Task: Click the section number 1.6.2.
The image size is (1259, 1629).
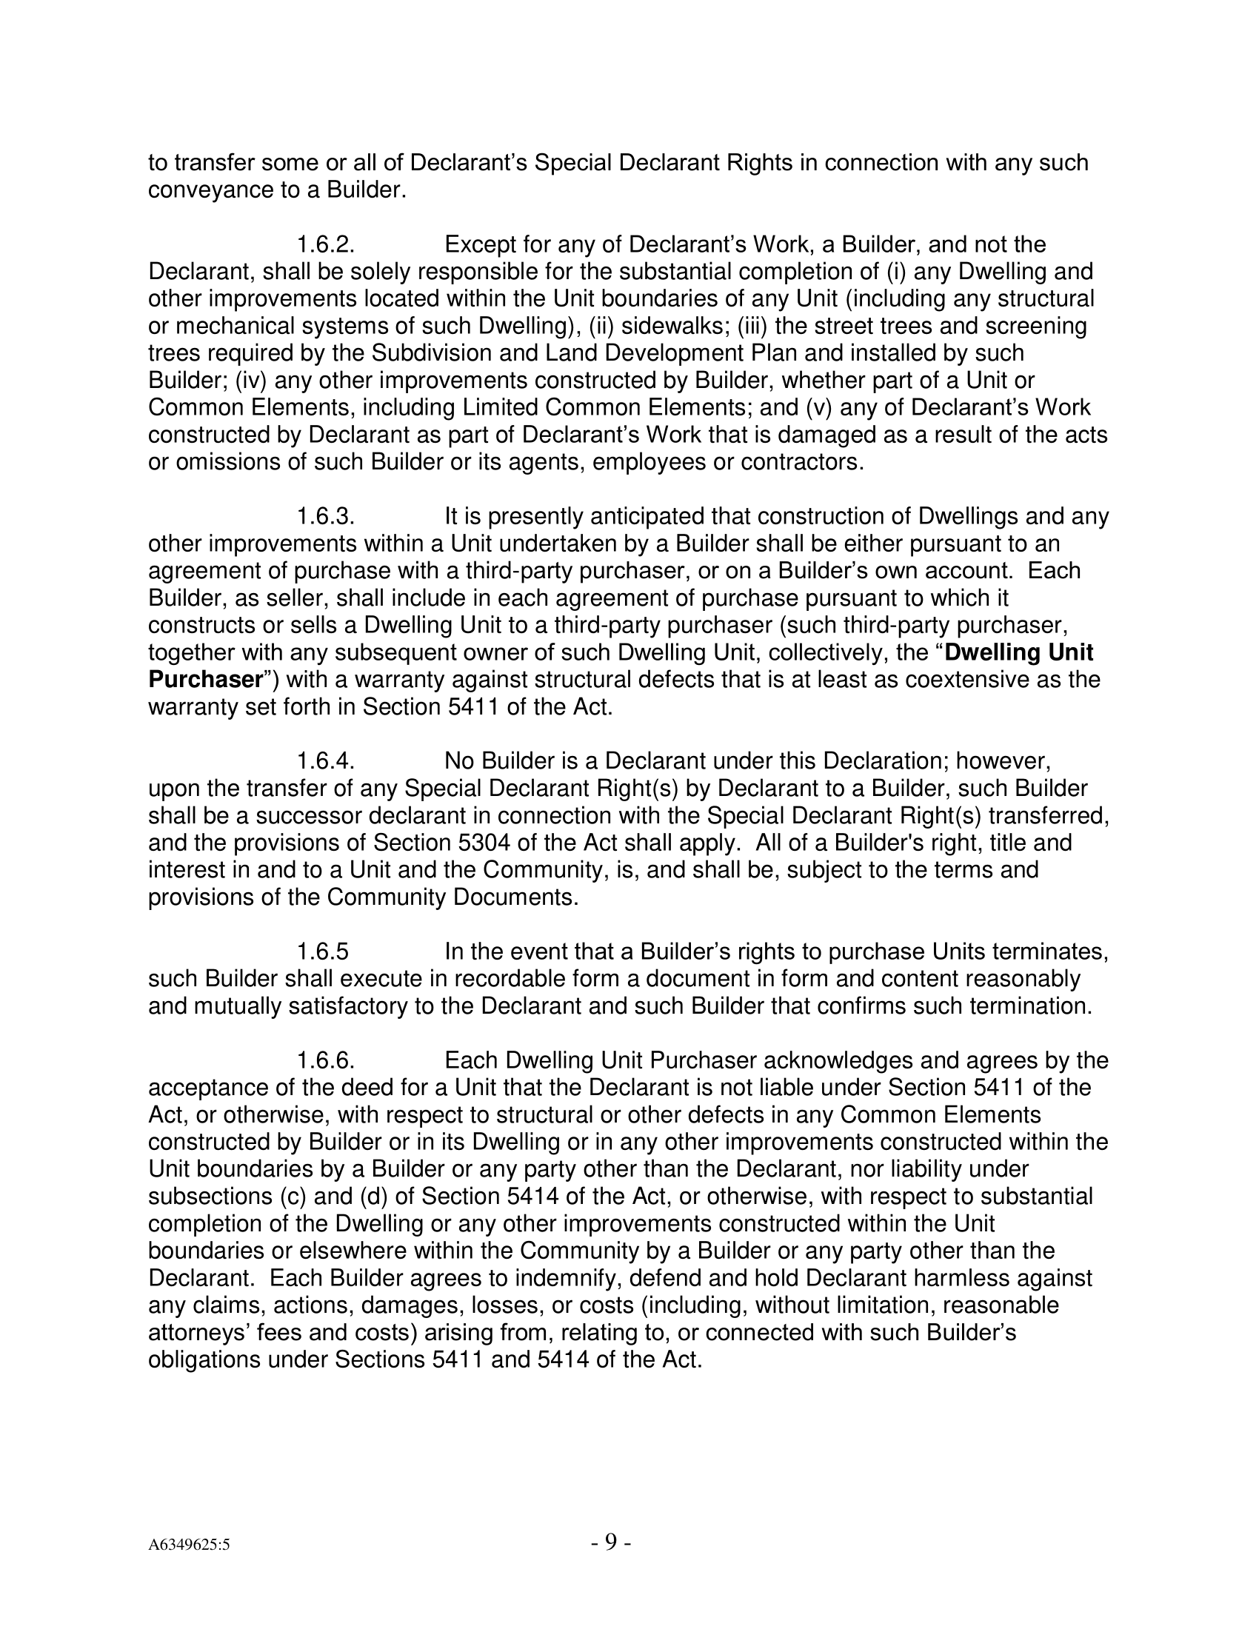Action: [325, 244]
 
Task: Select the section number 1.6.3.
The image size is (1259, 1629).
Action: [325, 516]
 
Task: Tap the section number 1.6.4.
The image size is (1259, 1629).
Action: [325, 760]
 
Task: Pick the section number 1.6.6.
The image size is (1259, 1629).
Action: [325, 1060]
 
